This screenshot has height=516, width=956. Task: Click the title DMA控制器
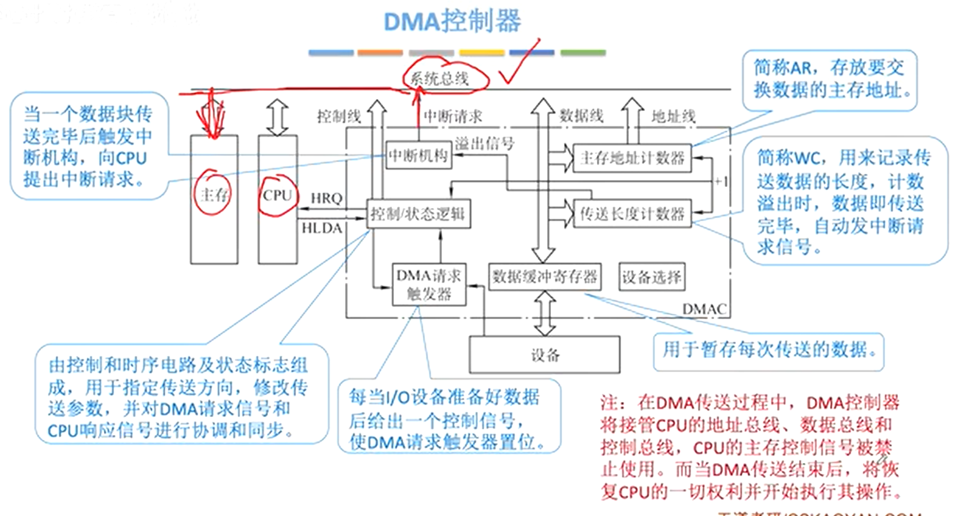[452, 22]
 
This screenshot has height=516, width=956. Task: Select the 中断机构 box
[418, 156]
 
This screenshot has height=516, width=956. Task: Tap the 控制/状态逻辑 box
[418, 214]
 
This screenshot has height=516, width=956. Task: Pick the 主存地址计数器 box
[632, 158]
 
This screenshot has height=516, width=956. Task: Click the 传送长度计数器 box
[632, 214]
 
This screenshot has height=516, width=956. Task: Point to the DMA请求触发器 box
[429, 284]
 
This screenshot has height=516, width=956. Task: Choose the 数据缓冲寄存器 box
[545, 277]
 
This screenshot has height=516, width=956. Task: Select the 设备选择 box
[652, 277]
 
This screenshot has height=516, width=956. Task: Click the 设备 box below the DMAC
[545, 355]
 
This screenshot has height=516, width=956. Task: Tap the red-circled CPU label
[277, 196]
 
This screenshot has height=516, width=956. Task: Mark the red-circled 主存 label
[214, 195]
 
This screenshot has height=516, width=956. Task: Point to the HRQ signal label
[326, 198]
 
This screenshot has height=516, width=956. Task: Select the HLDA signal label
[322, 229]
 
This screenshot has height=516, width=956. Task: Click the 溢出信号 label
[485, 143]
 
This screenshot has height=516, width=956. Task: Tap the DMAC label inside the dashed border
[704, 309]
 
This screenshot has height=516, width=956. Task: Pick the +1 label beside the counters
[720, 181]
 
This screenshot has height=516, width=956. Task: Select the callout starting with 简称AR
[829, 79]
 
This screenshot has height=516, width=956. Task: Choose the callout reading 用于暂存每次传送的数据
[768, 350]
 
